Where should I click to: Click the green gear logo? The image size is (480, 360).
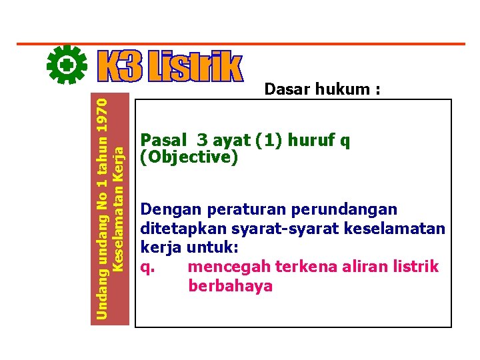(68, 65)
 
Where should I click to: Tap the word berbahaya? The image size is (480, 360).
(231, 286)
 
